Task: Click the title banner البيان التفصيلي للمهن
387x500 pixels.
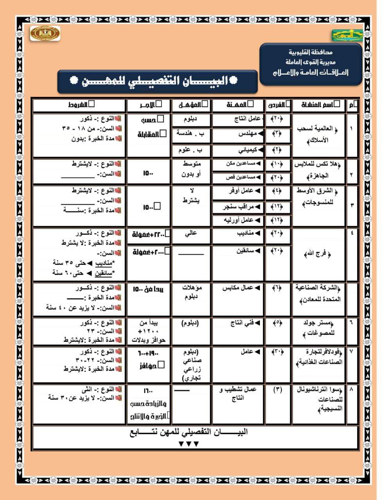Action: point(157,82)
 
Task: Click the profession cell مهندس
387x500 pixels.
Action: point(238,134)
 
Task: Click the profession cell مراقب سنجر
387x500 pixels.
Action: point(238,207)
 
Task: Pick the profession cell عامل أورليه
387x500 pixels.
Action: point(238,220)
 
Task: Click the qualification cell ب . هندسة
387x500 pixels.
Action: point(191,133)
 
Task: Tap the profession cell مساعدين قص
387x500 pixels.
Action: point(238,177)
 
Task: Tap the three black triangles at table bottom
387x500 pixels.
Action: point(189,444)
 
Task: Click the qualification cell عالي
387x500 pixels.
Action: point(191,234)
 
